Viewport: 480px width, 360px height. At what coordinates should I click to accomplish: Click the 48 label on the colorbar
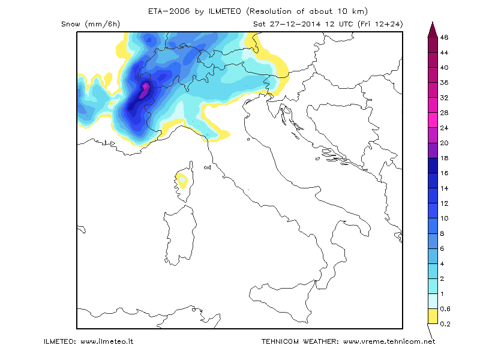pyautogui.click(x=445, y=37)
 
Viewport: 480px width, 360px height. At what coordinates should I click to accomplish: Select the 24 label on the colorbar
pyautogui.click(x=445, y=128)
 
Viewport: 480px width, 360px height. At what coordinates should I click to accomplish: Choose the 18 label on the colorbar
pyautogui.click(x=445, y=158)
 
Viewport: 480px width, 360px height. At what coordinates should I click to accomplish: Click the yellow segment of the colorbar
pyautogui.click(x=431, y=316)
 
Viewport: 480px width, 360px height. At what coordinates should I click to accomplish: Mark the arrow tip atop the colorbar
pyautogui.click(x=431, y=23)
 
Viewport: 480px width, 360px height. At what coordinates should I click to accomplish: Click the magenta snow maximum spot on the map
pyautogui.click(x=145, y=91)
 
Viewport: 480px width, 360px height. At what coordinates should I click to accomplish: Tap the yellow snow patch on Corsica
pyautogui.click(x=182, y=179)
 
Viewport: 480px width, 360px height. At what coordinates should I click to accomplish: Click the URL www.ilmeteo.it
pyautogui.click(x=106, y=341)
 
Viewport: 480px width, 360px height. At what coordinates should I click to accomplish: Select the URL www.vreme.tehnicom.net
pyautogui.click(x=389, y=341)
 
